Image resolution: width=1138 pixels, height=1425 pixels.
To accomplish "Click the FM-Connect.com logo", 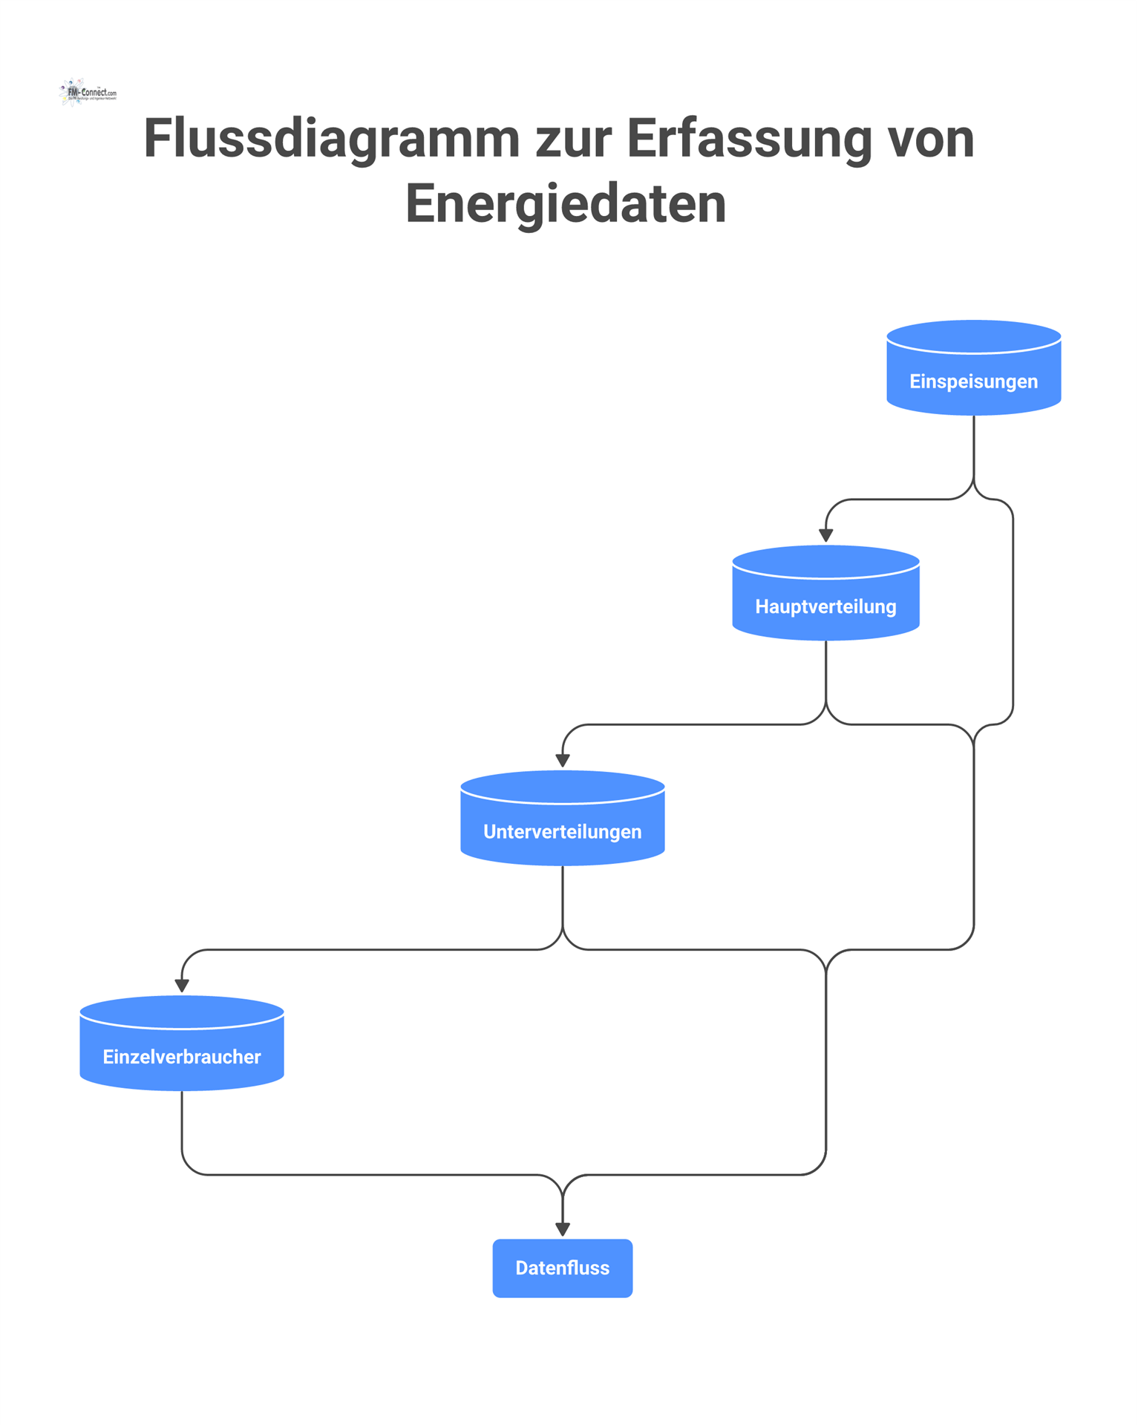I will coord(88,93).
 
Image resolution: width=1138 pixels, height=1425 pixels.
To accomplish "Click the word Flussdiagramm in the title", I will coord(331,139).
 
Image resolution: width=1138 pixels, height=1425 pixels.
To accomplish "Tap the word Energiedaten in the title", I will coord(566,203).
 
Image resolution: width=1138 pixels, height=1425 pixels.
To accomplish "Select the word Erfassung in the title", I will coord(749,139).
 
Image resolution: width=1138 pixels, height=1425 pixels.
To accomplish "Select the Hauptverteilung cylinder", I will coord(825,599).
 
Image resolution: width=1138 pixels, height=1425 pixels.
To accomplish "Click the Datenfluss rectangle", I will coord(562,1268).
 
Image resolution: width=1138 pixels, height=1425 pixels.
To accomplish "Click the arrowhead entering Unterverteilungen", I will coord(563,761).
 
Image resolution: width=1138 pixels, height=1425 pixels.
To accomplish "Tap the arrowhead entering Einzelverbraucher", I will coord(182,986).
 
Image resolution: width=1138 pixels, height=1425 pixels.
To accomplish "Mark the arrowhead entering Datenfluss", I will coord(563,1230).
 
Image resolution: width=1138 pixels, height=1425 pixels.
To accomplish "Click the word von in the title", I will coord(931,139).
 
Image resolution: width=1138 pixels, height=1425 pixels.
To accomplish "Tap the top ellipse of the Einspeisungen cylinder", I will coord(973,335).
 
